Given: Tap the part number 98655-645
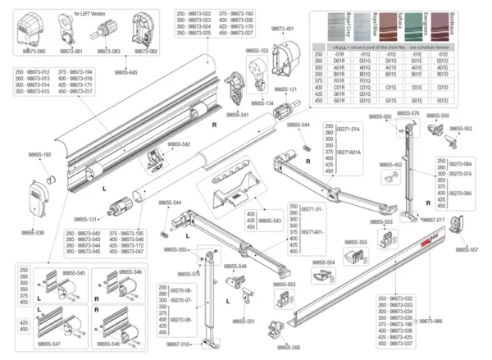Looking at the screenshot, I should click(125, 73).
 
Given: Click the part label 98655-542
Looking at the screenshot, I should click(175, 144).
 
